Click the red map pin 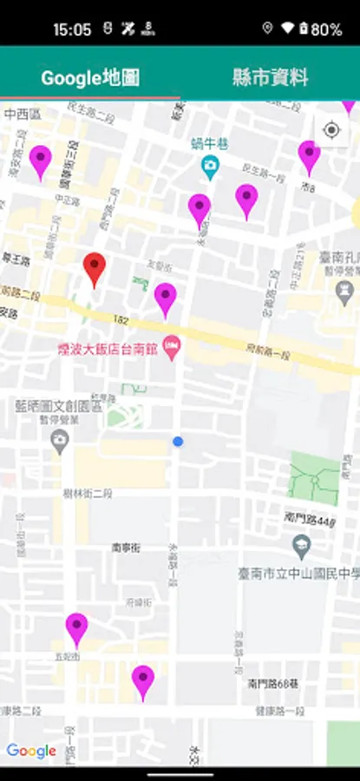click(x=95, y=268)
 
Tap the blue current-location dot click(x=178, y=442)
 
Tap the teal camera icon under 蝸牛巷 click(x=209, y=164)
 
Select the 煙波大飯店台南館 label click(x=108, y=350)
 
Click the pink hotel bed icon click(x=172, y=348)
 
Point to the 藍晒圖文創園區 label click(x=59, y=405)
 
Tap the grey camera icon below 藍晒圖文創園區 click(x=59, y=442)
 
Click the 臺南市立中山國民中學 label click(x=298, y=574)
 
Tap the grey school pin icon click(x=302, y=547)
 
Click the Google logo click(x=31, y=751)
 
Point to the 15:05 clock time click(x=71, y=30)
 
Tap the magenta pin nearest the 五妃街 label click(x=76, y=628)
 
